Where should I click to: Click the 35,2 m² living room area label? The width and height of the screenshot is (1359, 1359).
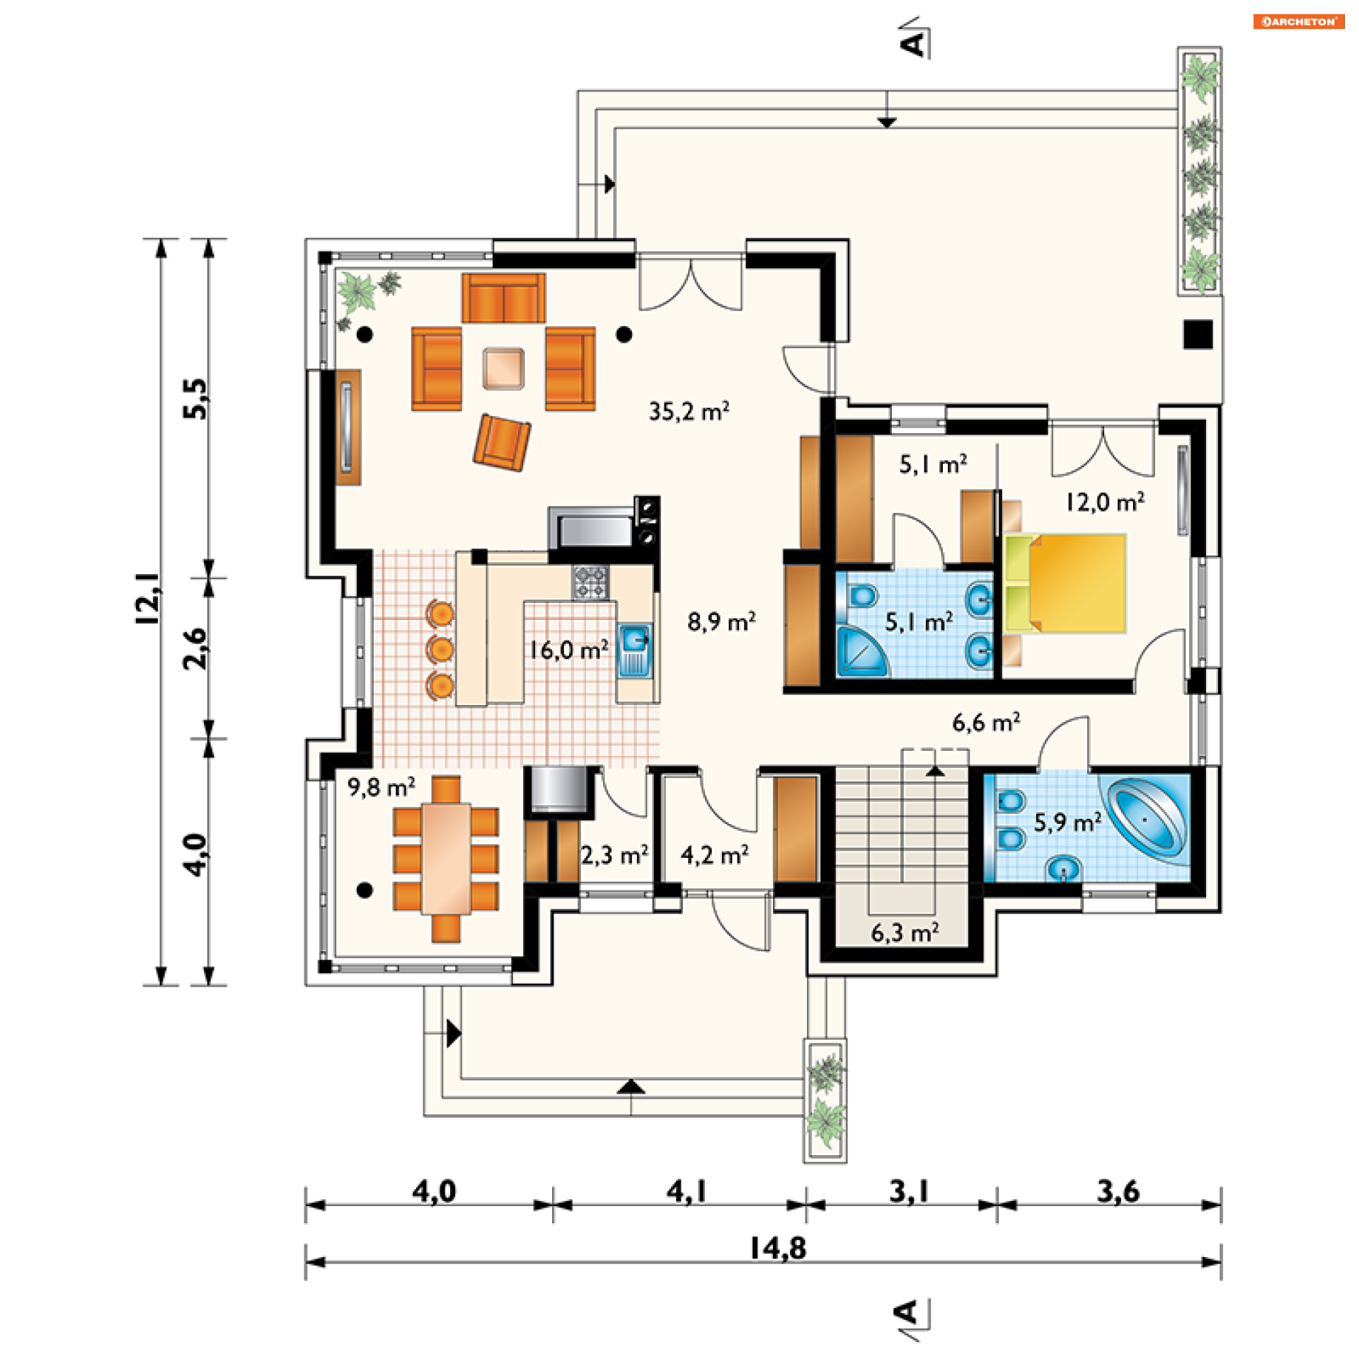pos(689,411)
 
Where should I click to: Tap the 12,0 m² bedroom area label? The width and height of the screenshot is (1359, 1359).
pos(1105,502)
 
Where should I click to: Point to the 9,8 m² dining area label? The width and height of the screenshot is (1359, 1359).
pos(382,787)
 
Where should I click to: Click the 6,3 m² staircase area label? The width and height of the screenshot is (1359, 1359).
pos(905,933)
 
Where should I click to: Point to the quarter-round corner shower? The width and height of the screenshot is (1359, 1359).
pos(861,650)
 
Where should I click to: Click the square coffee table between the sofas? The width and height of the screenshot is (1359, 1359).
pos(503,368)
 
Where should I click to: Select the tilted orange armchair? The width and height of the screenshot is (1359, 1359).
pos(502,442)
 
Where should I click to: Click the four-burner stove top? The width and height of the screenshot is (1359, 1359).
pos(590,582)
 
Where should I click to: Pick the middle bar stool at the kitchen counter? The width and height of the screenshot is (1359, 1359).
pos(440,648)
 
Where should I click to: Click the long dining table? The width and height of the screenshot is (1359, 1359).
pos(446,859)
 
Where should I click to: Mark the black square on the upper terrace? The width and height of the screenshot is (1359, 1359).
pos(1198,335)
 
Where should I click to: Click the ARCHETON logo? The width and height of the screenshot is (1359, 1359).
pos(1299,21)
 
